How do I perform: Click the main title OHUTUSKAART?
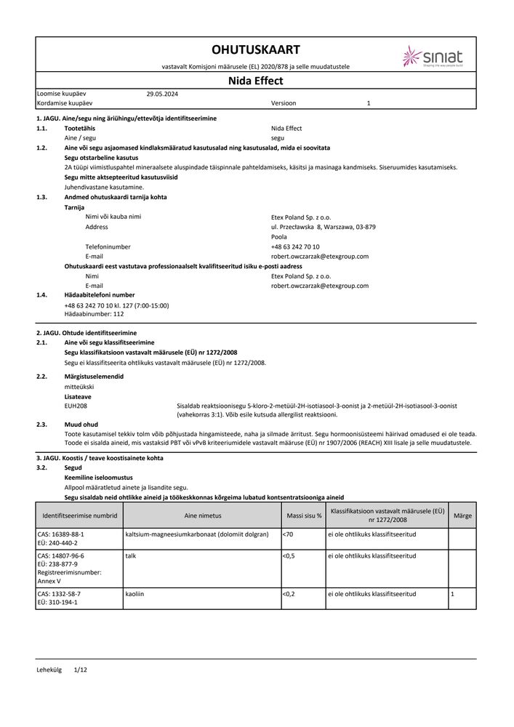tap(255, 49)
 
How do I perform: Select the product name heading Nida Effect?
tap(255, 81)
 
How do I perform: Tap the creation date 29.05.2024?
tap(162, 94)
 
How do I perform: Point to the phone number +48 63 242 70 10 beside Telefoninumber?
tap(294, 246)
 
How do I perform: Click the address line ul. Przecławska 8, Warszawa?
tap(323, 227)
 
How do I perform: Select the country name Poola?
tap(278, 237)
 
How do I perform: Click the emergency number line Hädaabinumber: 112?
tap(94, 314)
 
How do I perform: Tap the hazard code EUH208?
tap(76, 406)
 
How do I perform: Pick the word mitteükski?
tap(79, 387)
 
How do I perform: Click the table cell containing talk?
tap(131, 555)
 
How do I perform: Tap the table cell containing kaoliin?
tap(135, 594)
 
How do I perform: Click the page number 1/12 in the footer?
tap(80, 669)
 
